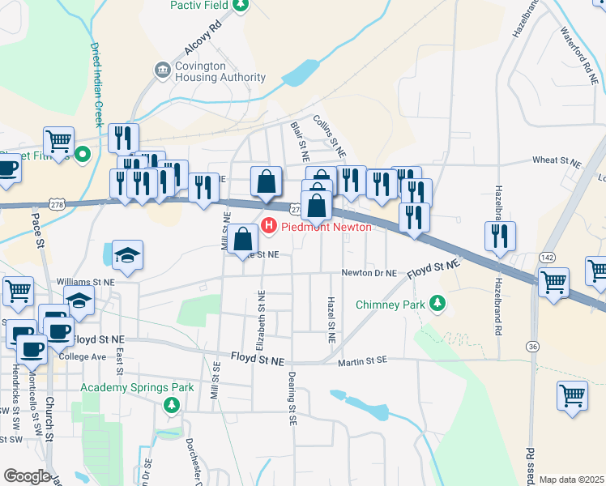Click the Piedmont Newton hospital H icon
click(x=269, y=227)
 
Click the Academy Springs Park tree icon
click(x=171, y=404)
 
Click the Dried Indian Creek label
click(x=97, y=85)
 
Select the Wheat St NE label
click(x=557, y=161)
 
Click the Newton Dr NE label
click(x=368, y=273)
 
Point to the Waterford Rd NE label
click(x=578, y=57)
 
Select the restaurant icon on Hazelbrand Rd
click(x=499, y=236)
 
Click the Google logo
click(x=27, y=475)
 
